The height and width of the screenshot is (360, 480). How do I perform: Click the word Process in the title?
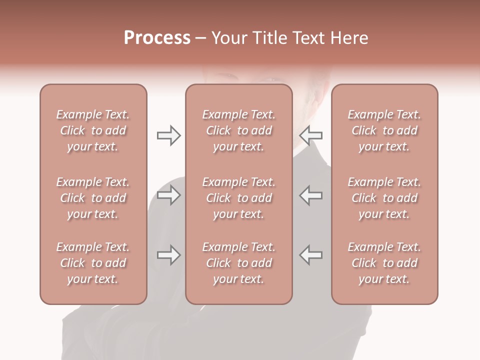click(157, 38)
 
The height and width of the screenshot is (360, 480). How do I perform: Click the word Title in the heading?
click(270, 38)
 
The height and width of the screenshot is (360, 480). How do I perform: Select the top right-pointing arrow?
click(168, 135)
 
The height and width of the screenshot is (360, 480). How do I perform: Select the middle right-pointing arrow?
click(168, 195)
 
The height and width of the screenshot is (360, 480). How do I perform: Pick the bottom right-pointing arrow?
click(168, 255)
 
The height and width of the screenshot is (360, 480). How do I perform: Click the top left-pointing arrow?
click(311, 135)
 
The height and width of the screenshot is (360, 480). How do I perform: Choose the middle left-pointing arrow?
click(311, 195)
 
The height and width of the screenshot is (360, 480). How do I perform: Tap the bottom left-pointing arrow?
click(311, 255)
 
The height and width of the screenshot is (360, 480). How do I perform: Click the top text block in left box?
click(93, 130)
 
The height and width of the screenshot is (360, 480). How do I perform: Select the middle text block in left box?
click(93, 198)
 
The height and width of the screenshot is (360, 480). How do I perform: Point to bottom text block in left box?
click(93, 263)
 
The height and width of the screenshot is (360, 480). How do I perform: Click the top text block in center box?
click(239, 130)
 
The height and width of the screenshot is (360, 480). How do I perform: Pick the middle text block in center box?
click(239, 198)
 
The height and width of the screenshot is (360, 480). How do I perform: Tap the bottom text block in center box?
click(239, 263)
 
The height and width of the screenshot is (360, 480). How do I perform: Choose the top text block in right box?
click(384, 130)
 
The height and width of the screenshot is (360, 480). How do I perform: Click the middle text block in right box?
click(384, 198)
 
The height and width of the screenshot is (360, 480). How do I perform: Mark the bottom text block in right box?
click(384, 263)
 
